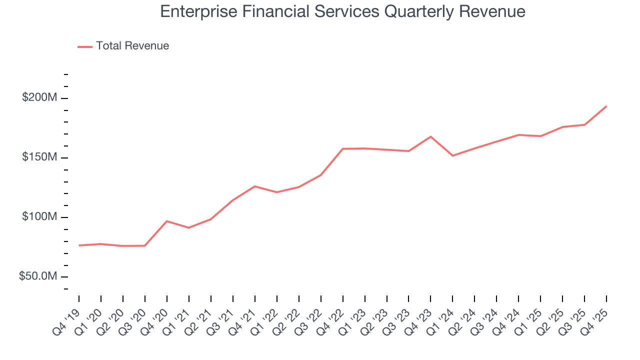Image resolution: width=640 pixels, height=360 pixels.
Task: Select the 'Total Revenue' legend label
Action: [132, 46]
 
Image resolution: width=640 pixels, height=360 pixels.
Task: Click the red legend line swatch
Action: [85, 46]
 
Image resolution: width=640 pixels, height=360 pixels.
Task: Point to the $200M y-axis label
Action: [39, 98]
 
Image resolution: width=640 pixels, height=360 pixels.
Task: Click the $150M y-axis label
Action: [39, 157]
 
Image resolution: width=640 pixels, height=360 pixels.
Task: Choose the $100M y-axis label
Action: [39, 217]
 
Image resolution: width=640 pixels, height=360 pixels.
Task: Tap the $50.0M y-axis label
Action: [38, 276]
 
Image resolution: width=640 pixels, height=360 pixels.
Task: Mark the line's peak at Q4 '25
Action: [606, 106]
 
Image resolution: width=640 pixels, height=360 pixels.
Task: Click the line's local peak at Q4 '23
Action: [430, 136]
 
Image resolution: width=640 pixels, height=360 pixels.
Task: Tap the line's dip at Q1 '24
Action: [452, 155]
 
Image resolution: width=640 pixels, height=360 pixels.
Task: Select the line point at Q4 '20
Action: [167, 221]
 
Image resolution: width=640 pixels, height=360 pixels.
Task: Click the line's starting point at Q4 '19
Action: [79, 245]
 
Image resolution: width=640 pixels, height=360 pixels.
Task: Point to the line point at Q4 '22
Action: [343, 148]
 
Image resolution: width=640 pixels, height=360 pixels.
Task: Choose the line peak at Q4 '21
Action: [255, 186]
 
